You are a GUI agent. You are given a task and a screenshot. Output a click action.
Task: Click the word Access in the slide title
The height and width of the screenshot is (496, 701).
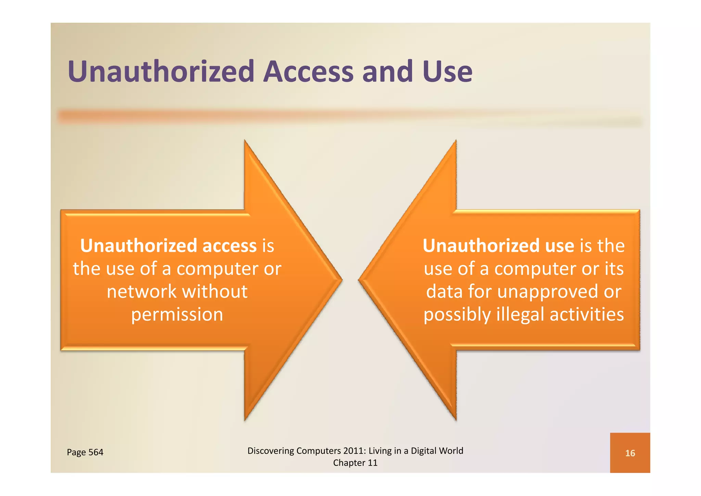coord(308,72)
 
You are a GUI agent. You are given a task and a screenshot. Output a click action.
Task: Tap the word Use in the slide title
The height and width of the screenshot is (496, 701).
coord(447,72)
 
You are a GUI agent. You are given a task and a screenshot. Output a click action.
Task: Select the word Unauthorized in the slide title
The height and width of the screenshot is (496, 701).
coord(161,72)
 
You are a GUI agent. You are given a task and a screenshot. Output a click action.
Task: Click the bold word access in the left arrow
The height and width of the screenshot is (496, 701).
coord(229,246)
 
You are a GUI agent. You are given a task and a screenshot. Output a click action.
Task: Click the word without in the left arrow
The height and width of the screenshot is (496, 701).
coord(215,292)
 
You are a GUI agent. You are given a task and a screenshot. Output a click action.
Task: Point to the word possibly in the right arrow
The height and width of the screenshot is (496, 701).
coord(457,315)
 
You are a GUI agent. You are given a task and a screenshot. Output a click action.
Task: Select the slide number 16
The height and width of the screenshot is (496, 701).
coord(630,453)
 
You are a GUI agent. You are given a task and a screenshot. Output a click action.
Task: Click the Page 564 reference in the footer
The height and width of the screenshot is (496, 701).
coord(85,452)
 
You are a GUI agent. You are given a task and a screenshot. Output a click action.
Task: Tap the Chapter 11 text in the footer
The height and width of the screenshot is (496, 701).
coord(355,463)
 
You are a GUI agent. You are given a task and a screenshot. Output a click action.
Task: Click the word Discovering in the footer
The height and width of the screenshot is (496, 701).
coord(270,451)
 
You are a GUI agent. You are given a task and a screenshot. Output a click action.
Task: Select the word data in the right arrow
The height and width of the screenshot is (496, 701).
coord(444,292)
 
